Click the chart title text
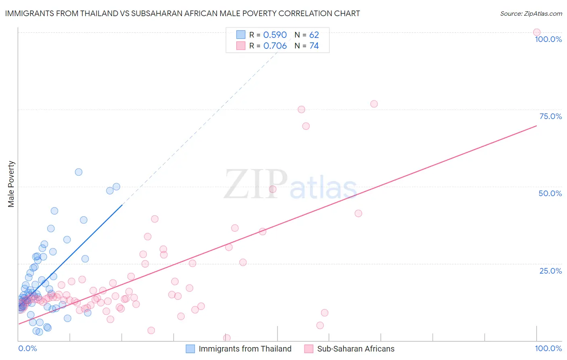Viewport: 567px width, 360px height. click(182, 13)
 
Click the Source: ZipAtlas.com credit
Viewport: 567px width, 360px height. click(531, 13)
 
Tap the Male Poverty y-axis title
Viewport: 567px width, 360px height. click(11, 184)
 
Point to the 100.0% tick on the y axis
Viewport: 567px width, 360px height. click(548, 39)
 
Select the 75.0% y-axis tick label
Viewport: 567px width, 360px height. click(550, 116)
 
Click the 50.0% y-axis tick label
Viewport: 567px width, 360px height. click(550, 193)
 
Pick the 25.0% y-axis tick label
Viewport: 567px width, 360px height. click(550, 271)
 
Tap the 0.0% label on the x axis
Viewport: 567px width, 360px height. click(27, 348)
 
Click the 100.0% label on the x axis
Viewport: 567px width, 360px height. click(548, 348)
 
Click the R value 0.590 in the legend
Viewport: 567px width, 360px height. click(275, 35)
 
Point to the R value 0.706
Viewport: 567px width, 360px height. click(275, 46)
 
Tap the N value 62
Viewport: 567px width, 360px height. click(314, 35)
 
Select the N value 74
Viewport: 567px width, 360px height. click(314, 46)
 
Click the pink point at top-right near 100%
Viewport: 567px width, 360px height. click(537, 32)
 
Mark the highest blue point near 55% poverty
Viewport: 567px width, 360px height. click(79, 172)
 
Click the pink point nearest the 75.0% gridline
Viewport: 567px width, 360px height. click(301, 109)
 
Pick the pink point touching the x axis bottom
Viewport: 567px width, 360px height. click(227, 338)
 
